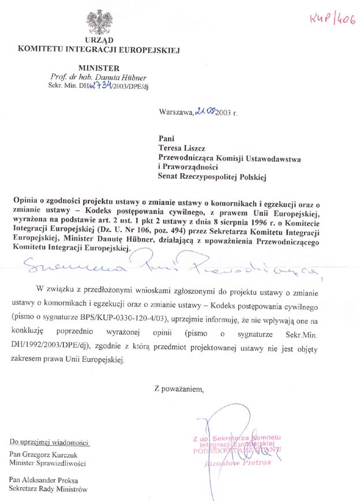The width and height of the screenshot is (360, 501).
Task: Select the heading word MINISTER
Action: tap(99, 68)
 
